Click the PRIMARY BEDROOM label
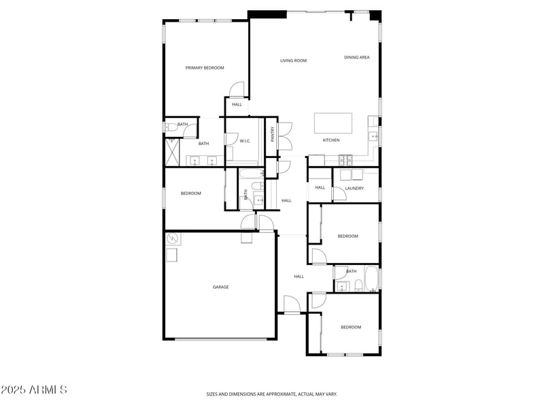point(205,67)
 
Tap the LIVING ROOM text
point(293,61)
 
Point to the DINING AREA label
point(356,57)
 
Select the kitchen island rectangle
point(333,123)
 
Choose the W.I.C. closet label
point(245,141)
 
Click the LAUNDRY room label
point(354,188)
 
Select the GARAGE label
point(220,287)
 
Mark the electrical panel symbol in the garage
point(173,238)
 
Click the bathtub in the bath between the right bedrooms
point(371,279)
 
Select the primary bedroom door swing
point(235,89)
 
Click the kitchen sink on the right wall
point(373,137)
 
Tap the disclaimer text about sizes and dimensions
point(271,394)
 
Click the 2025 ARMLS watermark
point(34,390)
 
